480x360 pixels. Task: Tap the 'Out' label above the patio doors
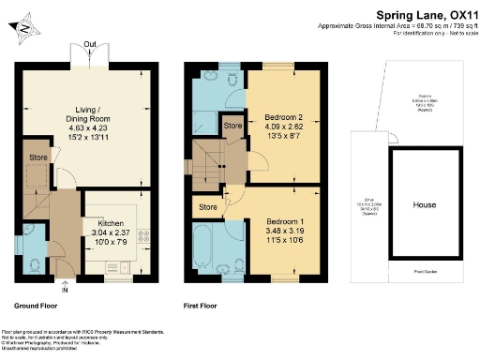89,44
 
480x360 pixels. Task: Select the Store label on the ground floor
37,157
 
